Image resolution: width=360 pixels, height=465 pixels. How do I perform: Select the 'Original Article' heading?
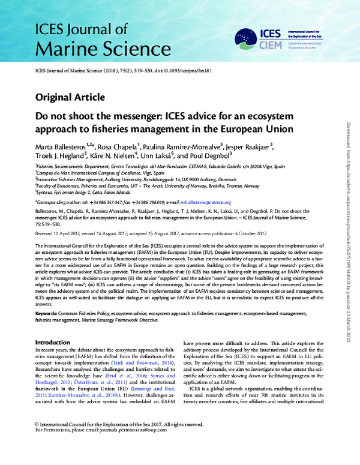tap(70, 97)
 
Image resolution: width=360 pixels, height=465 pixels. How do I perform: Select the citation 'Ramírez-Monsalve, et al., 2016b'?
tap(75, 397)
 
